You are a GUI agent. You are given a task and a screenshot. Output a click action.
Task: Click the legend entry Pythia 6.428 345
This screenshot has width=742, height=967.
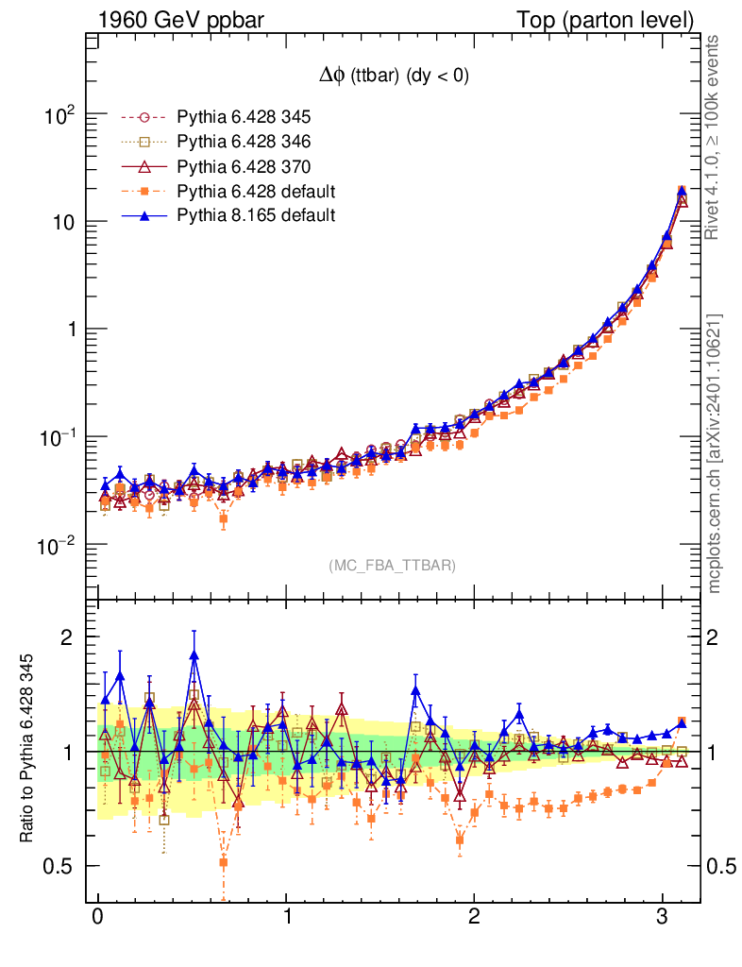coord(245,117)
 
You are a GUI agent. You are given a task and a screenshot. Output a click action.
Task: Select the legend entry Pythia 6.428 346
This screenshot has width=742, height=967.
coord(245,142)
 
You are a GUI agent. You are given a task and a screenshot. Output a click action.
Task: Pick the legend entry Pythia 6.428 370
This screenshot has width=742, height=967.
coord(245,166)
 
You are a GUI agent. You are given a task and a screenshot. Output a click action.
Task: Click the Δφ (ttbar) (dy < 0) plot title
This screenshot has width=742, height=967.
coord(395,76)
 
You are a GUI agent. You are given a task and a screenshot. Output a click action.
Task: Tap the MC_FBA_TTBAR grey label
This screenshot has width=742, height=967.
coord(393,566)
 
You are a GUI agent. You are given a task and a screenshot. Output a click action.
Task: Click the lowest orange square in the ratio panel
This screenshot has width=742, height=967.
coord(224,862)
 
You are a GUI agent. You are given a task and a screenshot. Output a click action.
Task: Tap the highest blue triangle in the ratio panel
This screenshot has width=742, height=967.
coord(194,654)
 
